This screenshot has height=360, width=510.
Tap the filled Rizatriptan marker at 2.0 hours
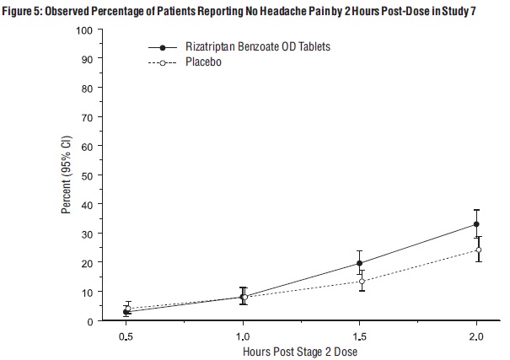coord(476,224)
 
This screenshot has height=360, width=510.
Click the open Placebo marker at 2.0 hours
coord(478,250)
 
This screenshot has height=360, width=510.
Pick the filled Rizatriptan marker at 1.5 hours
coord(360,263)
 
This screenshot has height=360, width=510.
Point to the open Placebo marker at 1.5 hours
coord(362,282)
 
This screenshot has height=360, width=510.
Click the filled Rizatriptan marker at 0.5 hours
coord(126,312)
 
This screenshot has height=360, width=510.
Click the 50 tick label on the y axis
coord(86,175)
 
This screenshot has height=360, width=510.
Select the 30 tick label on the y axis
coord(86,234)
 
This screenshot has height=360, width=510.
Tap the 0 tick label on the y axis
coord(89,321)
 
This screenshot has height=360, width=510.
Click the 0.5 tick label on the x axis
coord(126,336)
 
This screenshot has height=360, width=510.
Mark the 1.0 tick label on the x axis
coord(244,336)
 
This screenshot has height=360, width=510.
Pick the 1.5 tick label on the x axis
coord(361,336)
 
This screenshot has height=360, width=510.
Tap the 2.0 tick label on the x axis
coord(477,336)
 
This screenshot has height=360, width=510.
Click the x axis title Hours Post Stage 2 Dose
coord(301,351)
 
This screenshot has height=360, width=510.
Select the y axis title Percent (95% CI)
coord(67,175)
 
